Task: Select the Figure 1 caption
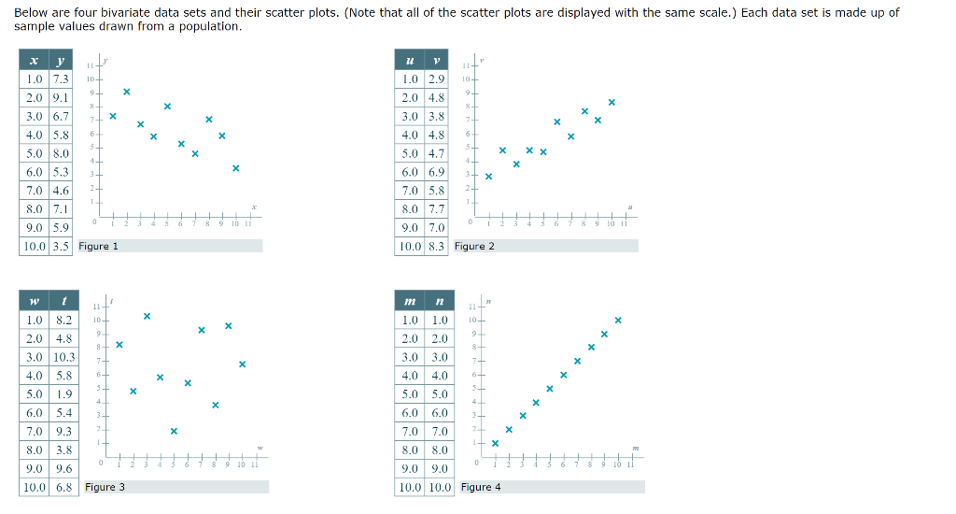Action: [99, 246]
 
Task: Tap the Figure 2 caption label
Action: [474, 246]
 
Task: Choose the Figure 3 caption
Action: [105, 487]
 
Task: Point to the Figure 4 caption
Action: [481, 487]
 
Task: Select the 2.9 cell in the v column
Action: [436, 79]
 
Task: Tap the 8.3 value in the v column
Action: [436, 246]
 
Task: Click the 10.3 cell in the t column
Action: [63, 357]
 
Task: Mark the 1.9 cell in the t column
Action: [63, 394]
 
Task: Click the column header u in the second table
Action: [409, 60]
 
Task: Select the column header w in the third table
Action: [34, 301]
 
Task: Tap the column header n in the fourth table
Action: [439, 301]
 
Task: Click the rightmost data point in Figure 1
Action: [236, 168]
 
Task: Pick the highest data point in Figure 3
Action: [147, 316]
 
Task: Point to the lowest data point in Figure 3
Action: [174, 431]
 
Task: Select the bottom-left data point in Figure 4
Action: [495, 443]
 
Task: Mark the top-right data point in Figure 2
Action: [612, 101]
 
